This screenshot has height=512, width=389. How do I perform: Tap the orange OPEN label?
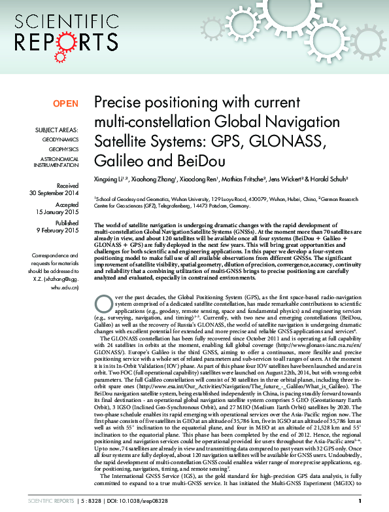pos(65,103)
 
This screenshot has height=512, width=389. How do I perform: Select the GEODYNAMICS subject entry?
pos(60,140)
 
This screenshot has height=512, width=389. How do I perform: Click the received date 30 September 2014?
pos(54,193)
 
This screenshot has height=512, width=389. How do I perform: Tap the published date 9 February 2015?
pos(56,230)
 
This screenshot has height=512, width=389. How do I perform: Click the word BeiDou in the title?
pos(195,161)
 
